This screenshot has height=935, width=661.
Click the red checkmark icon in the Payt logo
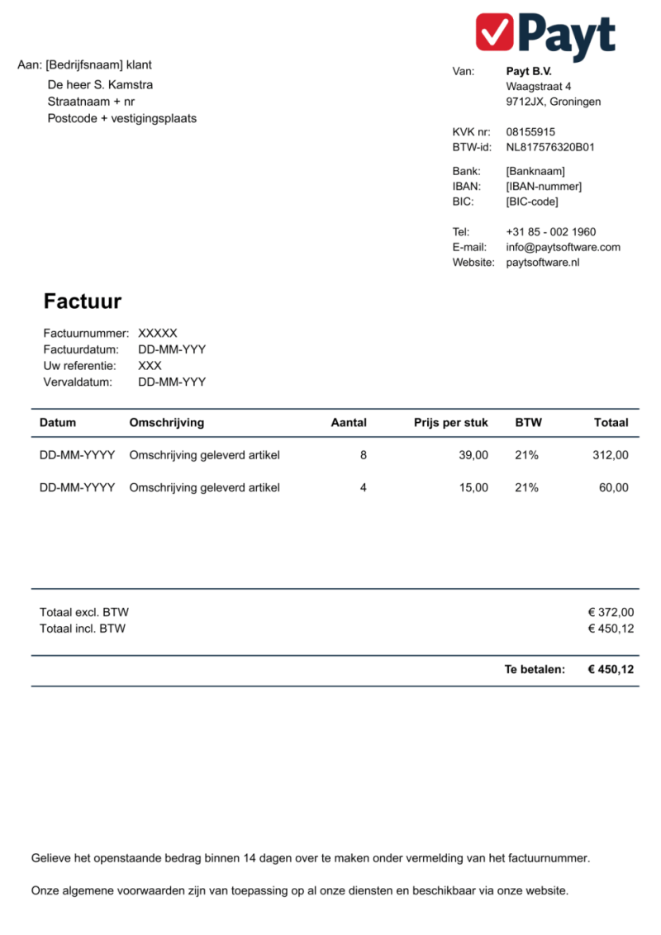(495, 32)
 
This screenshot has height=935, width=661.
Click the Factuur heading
(83, 301)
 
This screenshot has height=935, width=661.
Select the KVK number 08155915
(530, 131)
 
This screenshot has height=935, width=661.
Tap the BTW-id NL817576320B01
(550, 147)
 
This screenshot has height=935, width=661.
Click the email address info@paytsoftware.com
(563, 247)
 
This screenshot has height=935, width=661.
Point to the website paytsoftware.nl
(543, 263)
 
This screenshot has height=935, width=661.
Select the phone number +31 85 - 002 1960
(550, 231)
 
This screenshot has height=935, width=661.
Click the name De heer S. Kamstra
(100, 85)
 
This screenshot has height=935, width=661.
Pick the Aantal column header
(349, 422)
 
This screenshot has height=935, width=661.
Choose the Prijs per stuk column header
(451, 422)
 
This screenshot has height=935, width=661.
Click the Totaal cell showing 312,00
(611, 455)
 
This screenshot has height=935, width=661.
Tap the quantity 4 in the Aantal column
(364, 487)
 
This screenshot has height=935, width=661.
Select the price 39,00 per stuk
(473, 455)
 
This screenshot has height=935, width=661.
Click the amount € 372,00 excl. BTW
(611, 612)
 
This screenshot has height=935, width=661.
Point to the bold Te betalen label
(535, 669)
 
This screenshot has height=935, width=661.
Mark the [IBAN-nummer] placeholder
(544, 186)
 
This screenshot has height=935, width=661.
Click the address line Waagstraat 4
(539, 86)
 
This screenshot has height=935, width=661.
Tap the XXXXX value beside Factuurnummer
(158, 333)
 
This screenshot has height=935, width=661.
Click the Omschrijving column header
(167, 422)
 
